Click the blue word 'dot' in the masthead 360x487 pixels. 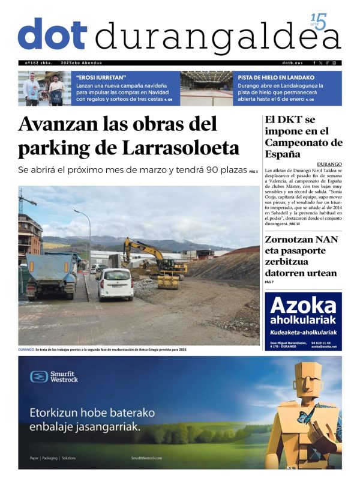[x=53, y=34]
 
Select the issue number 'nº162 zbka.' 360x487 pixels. [x=38, y=63]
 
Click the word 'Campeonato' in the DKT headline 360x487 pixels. [x=304, y=142]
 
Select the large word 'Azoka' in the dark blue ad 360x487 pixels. [x=302, y=306]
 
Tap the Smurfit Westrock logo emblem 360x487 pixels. [x=39, y=377]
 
